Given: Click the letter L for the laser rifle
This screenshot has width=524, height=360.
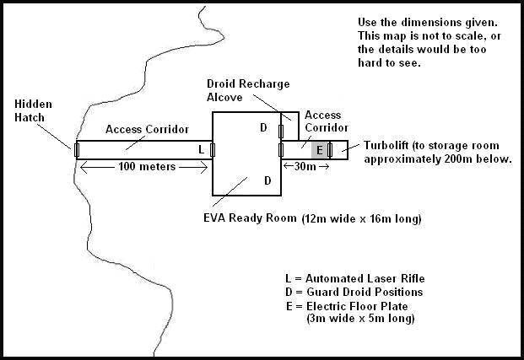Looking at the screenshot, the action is pyautogui.click(x=201, y=149).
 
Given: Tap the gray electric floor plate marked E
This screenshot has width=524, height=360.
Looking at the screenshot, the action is pyautogui.click(x=320, y=150).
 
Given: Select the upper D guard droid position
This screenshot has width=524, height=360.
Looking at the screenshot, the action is pyautogui.click(x=263, y=127).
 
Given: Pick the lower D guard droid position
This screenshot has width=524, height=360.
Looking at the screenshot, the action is pyautogui.click(x=267, y=180).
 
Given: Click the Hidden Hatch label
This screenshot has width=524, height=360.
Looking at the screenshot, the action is pyautogui.click(x=33, y=111).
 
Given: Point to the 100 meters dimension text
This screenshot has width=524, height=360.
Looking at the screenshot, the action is pyautogui.click(x=147, y=166).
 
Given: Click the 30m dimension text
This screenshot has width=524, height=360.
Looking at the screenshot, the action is pyautogui.click(x=305, y=166).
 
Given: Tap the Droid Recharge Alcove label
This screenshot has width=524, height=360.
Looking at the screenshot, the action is pyautogui.click(x=248, y=90).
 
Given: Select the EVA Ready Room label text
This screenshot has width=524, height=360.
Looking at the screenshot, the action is pyautogui.click(x=250, y=218).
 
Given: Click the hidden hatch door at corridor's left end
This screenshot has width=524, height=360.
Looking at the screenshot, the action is pyautogui.click(x=77, y=149).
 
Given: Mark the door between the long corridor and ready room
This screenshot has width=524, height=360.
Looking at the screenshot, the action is pyautogui.click(x=212, y=150).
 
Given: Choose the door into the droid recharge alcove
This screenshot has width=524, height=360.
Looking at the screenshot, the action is pyautogui.click(x=281, y=132).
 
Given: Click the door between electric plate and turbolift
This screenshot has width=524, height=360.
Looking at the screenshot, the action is pyautogui.click(x=330, y=150).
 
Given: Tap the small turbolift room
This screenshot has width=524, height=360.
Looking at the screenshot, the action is pyautogui.click(x=340, y=150).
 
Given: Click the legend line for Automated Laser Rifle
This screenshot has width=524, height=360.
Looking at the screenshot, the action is pyautogui.click(x=355, y=278).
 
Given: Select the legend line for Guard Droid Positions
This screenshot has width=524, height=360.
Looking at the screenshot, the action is pyautogui.click(x=354, y=292).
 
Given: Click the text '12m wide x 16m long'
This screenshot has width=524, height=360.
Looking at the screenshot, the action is pyautogui.click(x=362, y=218).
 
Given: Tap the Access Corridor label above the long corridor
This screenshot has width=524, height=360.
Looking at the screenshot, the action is pyautogui.click(x=147, y=129).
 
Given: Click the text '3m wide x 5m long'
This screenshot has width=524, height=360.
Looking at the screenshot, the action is pyautogui.click(x=360, y=318).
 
